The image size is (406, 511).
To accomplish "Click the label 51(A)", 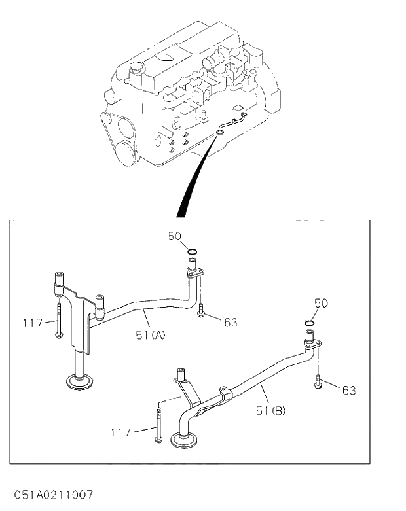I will click(151, 335).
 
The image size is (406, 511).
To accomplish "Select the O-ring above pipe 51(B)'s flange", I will click(310, 322).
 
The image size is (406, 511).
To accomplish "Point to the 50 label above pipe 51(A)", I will click(174, 236).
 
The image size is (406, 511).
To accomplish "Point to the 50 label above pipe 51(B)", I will click(321, 303).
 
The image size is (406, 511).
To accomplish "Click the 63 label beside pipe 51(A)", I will click(230, 322).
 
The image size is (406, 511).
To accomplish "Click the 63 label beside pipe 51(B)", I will click(348, 391).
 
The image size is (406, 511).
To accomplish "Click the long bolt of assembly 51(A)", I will click(59, 321).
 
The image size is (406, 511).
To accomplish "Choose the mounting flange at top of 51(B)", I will click(312, 344).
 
